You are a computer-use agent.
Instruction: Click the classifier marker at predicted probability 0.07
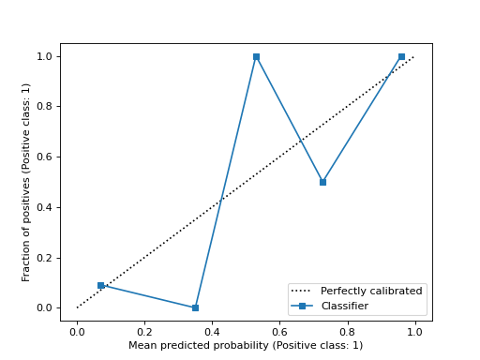pyautogui.click(x=100, y=285)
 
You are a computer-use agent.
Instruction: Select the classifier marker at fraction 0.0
pyautogui.click(x=195, y=307)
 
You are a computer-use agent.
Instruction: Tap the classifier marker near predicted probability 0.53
pyautogui.click(x=256, y=56)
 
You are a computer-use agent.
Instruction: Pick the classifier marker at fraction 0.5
pyautogui.click(x=322, y=182)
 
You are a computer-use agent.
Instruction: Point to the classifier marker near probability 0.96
pyautogui.click(x=401, y=56)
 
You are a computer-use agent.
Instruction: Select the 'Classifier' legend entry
pyautogui.click(x=344, y=306)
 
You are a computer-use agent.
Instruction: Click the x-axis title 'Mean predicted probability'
pyautogui.click(x=246, y=345)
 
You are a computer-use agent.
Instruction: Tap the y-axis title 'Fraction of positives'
pyautogui.click(x=27, y=182)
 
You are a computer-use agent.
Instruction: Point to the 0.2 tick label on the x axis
pyautogui.click(x=144, y=331)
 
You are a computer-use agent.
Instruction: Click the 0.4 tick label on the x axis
pyautogui.click(x=212, y=331)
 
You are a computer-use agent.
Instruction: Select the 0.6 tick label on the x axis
pyautogui.click(x=279, y=331)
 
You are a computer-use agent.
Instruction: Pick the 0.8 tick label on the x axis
pyautogui.click(x=347, y=331)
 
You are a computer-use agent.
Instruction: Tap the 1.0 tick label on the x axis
pyautogui.click(x=414, y=331)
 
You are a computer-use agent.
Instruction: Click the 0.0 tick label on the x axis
pyautogui.click(x=77, y=331)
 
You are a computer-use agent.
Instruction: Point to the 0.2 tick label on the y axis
pyautogui.click(x=45, y=258)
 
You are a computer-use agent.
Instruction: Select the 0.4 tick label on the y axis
pyautogui.click(x=45, y=207)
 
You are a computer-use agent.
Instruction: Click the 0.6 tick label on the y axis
pyautogui.click(x=45, y=157)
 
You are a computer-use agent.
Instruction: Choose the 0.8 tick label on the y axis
pyautogui.click(x=45, y=107)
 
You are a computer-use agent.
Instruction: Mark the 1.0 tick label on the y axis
pyautogui.click(x=45, y=56)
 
